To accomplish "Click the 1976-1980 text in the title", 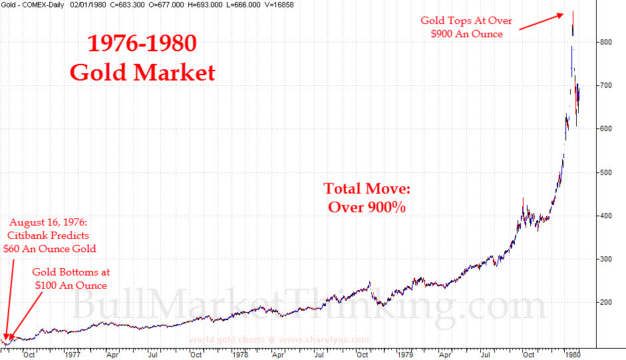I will coord(142,44).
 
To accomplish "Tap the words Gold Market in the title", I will coord(142,72).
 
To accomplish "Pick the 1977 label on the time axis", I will coord(73,354).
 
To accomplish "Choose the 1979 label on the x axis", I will coord(405,354).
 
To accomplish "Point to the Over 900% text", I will coord(367,207).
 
